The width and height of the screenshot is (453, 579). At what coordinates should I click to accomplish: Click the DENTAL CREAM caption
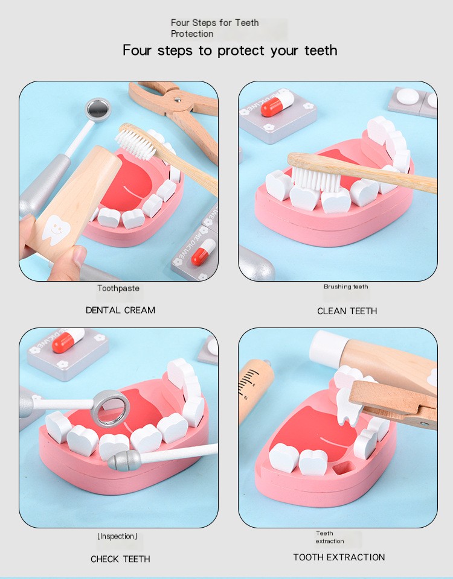click(x=120, y=310)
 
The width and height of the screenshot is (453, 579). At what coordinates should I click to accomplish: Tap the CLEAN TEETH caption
click(x=347, y=311)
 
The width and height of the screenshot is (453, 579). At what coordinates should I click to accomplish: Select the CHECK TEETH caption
click(x=120, y=559)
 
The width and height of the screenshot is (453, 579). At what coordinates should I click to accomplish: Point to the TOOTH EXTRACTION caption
click(x=339, y=557)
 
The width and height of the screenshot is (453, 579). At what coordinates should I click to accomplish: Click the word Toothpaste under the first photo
click(x=118, y=288)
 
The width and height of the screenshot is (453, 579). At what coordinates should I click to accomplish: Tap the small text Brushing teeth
click(x=345, y=286)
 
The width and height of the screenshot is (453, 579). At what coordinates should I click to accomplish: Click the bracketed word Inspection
click(x=117, y=536)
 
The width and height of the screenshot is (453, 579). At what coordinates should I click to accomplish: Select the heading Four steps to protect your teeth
click(x=230, y=50)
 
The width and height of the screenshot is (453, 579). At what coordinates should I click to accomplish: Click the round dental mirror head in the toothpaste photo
click(x=98, y=110)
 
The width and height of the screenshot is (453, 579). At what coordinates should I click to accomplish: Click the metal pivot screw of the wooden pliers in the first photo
click(x=178, y=100)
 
